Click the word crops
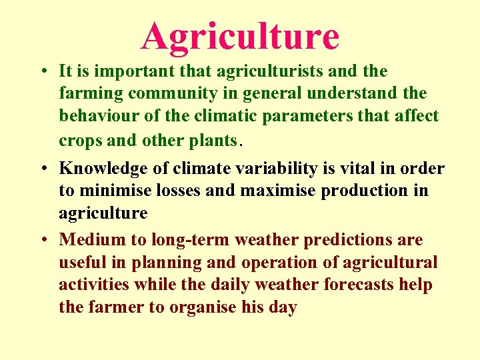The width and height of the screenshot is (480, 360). click(79, 140)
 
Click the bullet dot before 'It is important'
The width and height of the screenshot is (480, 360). click(42, 71)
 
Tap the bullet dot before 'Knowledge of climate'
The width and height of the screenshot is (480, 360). click(42, 169)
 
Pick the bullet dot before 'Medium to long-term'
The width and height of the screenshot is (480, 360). click(42, 240)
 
